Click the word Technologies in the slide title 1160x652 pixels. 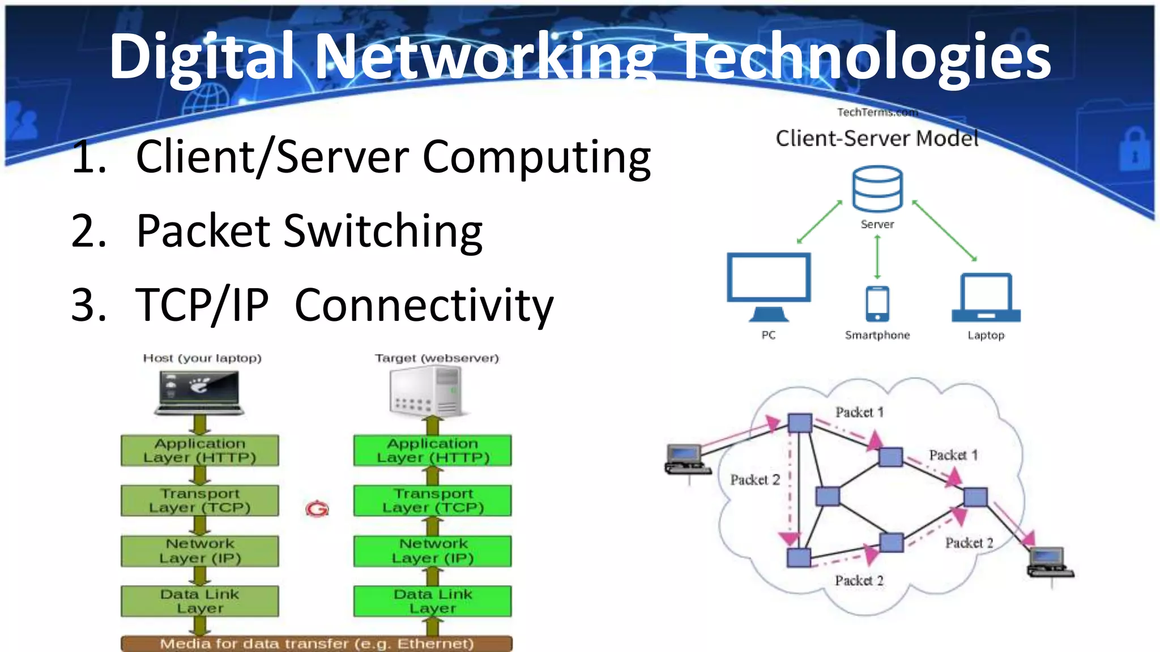(x=865, y=57)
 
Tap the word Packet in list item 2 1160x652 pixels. (x=204, y=231)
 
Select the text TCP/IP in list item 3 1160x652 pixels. (x=202, y=305)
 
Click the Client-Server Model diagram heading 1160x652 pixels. (x=877, y=139)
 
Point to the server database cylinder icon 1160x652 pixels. (x=877, y=188)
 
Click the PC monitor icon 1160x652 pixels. (x=769, y=286)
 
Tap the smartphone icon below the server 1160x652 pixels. (x=877, y=303)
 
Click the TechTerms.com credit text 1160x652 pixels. (x=877, y=113)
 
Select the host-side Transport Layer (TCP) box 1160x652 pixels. (x=200, y=500)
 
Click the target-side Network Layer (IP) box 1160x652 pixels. (x=433, y=551)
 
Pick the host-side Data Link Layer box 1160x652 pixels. (x=200, y=600)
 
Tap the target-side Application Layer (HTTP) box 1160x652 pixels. (x=433, y=451)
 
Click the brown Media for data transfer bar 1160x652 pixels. (x=317, y=644)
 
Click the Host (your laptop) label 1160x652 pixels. (x=202, y=358)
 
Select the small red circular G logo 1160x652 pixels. (x=317, y=509)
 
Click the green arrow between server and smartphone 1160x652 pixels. (x=877, y=257)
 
